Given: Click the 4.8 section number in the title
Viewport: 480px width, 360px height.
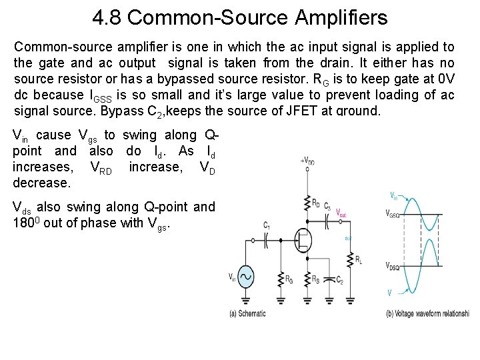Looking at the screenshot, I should coord(107,18).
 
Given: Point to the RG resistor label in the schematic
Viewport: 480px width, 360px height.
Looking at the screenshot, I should coord(288,279).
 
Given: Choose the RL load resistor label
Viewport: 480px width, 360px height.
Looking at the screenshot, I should coord(359,260).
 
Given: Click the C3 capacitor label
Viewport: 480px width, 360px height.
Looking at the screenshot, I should coord(327,207).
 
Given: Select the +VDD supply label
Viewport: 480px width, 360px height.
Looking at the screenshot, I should coord(308,161).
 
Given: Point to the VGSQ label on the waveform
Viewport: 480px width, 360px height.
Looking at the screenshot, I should coord(395,213).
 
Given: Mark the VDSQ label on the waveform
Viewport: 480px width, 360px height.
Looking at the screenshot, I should coord(395,266).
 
